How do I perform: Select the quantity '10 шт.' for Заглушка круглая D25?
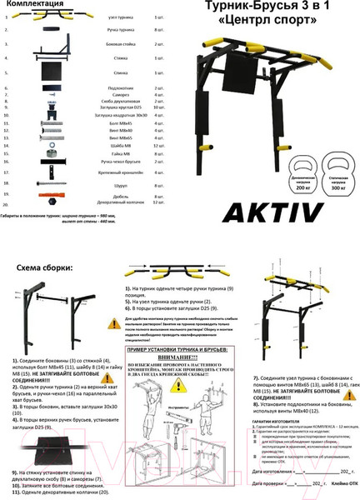159,107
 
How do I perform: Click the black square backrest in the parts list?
52,73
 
